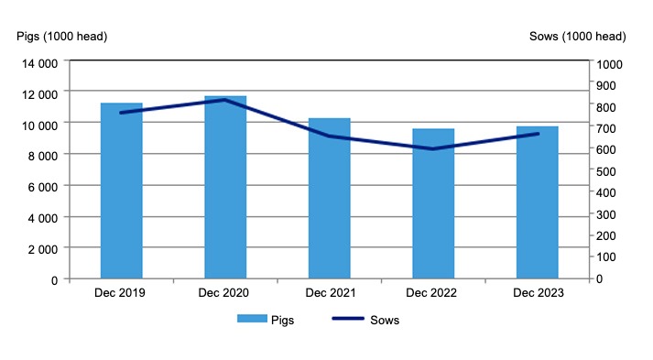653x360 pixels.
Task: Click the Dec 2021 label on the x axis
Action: [x=329, y=293]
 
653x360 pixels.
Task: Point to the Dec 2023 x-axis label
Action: [x=537, y=293]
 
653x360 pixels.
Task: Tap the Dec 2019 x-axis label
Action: [x=121, y=293]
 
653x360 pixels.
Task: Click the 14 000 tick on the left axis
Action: [x=40, y=64]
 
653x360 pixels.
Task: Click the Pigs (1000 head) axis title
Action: [x=62, y=37]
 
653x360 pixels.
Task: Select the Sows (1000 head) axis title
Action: [x=577, y=37]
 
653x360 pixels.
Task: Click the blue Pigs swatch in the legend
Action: [x=251, y=320]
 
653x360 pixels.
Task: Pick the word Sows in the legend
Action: [x=385, y=320]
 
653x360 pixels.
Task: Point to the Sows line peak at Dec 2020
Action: [x=225, y=100]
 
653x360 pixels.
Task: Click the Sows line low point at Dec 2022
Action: [x=433, y=148]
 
